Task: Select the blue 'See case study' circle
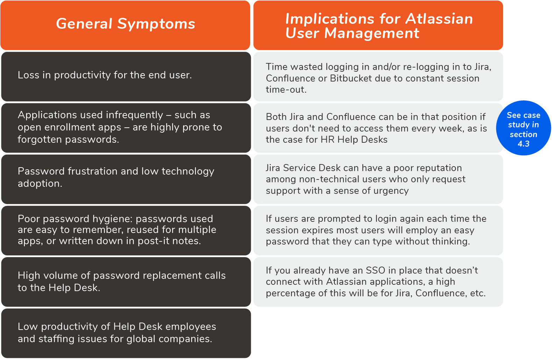pyautogui.click(x=523, y=128)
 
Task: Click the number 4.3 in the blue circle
pyautogui.click(x=523, y=144)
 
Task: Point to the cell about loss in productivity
pyautogui.click(x=126, y=76)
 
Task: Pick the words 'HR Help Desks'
pyautogui.click(x=354, y=140)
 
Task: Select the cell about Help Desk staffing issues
pyautogui.click(x=126, y=333)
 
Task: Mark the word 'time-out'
pyautogui.click(x=286, y=90)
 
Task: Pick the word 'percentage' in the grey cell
pyautogui.click(x=290, y=294)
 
